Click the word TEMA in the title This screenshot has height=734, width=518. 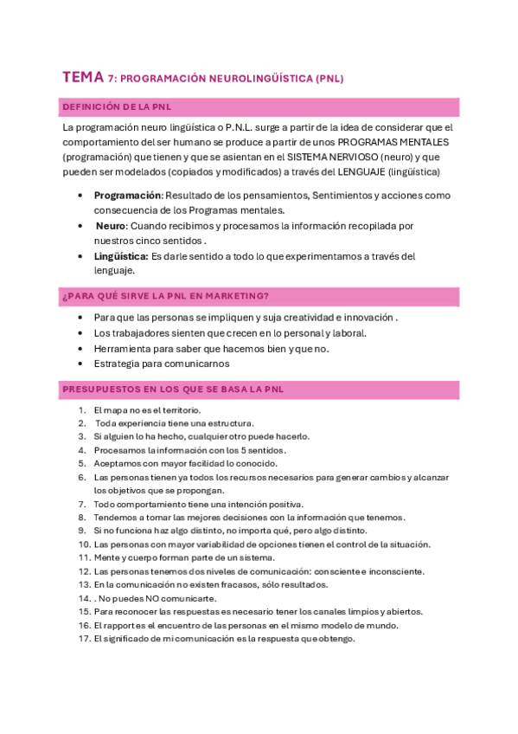(82, 77)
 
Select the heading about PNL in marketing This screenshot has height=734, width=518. (165, 296)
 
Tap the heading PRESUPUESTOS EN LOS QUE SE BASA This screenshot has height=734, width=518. (173, 390)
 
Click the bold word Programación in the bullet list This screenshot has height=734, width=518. (128, 196)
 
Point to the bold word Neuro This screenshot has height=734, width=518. (111, 226)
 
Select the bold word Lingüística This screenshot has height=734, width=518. (120, 256)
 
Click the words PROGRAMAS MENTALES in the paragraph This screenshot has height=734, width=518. (387, 141)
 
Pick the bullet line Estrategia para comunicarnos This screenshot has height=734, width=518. (155, 364)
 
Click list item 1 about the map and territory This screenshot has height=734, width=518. (147, 409)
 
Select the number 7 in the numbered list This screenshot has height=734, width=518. (81, 504)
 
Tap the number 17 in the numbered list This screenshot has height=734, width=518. (84, 639)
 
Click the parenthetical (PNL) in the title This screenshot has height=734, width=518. (329, 78)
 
